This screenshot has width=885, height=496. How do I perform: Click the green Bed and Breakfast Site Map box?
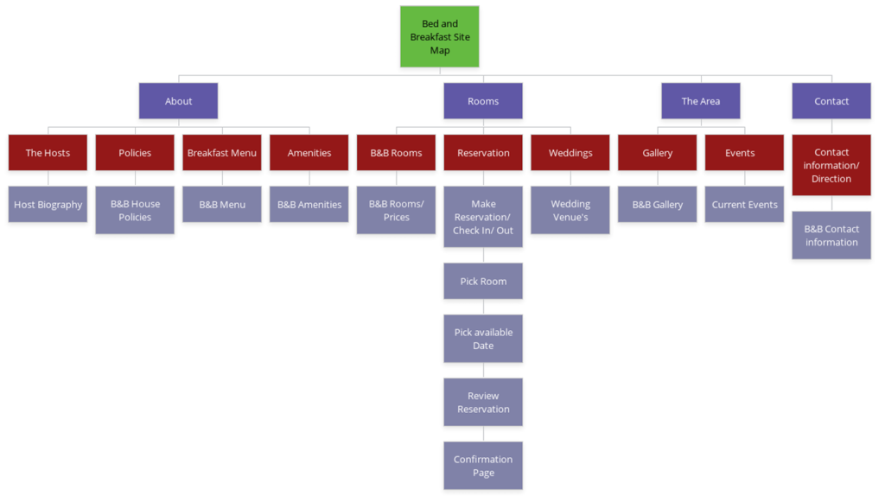tap(439, 37)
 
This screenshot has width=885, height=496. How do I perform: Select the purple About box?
tap(178, 101)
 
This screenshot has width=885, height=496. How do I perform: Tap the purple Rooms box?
tap(483, 101)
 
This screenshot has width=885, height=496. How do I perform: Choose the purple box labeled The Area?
tap(700, 101)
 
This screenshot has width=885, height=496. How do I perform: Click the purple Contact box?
tap(831, 101)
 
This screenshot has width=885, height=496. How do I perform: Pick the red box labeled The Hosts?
tap(48, 153)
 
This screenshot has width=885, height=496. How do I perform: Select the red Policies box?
tap(135, 153)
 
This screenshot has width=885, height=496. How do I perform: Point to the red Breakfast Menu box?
tap(222, 153)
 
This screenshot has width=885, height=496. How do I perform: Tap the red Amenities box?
tap(309, 153)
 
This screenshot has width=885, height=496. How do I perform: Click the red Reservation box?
tap(483, 153)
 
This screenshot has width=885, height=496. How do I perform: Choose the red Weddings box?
tap(570, 153)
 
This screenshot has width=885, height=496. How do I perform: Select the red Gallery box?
tap(657, 153)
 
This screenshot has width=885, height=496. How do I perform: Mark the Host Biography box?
tap(48, 205)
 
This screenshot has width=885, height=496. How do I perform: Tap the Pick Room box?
tap(483, 282)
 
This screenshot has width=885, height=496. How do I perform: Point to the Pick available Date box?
tap(483, 339)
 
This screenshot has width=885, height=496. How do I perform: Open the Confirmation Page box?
tap(483, 466)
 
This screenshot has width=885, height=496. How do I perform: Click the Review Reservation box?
tap(483, 403)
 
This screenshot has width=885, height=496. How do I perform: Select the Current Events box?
tap(744, 205)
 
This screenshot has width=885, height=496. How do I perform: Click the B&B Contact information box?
tap(831, 235)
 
